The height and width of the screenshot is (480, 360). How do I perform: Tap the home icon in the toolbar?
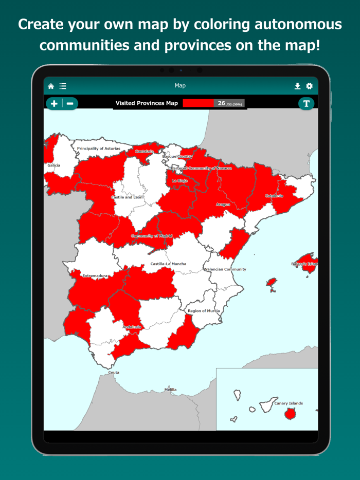tap(51, 86)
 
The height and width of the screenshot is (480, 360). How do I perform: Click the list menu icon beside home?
tap(63, 86)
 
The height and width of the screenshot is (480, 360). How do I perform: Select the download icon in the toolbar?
tap(297, 86)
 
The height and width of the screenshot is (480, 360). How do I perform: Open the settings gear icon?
tap(309, 86)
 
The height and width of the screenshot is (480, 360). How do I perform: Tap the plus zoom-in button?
tap(54, 103)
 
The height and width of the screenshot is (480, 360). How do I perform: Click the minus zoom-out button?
tap(70, 103)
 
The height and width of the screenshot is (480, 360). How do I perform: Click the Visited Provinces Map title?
tap(147, 103)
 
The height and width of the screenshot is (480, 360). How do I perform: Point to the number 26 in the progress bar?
tap(221, 103)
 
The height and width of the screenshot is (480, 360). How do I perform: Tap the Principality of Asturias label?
tap(98, 149)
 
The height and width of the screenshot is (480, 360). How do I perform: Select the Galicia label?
tap(53, 165)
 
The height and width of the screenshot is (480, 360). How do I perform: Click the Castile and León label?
tap(127, 197)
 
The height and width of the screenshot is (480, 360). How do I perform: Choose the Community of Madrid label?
tap(152, 236)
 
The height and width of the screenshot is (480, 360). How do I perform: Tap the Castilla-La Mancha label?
tap(168, 264)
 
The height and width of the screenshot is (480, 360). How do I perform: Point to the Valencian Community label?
tap(225, 269)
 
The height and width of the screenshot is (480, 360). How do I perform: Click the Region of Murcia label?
tap(204, 311)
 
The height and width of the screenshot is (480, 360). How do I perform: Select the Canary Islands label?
tap(288, 403)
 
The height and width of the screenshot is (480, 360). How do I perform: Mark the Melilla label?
tap(170, 390)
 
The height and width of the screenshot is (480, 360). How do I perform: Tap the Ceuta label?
tap(114, 373)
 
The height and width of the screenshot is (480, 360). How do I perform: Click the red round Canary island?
tap(291, 414)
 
